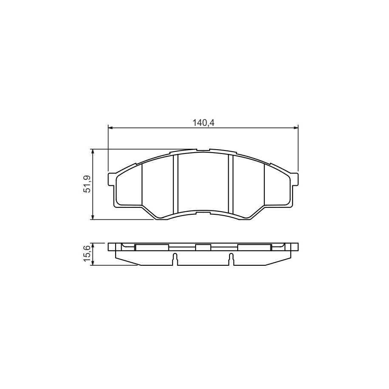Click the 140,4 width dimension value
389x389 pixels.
point(203,122)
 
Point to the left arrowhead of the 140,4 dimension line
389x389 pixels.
point(111,128)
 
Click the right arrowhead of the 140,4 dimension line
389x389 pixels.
point(295,128)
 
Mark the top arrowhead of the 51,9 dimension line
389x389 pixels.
point(93,152)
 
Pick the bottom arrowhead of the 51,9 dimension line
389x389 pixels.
point(93,217)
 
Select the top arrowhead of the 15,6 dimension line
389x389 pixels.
point(93,246)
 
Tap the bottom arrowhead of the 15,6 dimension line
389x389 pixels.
point(93,263)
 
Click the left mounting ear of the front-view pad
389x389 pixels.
point(112,179)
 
